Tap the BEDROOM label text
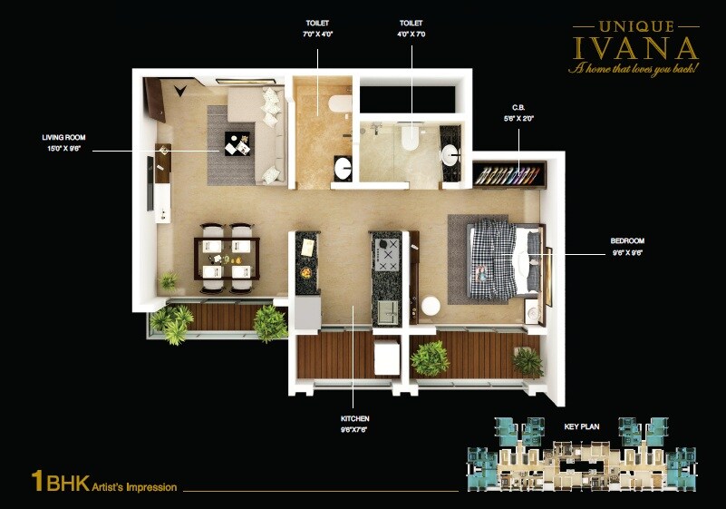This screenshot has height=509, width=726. (x=629, y=241)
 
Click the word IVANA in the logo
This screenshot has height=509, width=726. (x=635, y=47)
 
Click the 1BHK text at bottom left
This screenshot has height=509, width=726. (x=60, y=483)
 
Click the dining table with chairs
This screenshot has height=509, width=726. (x=226, y=258)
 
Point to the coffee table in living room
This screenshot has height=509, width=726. (x=238, y=143)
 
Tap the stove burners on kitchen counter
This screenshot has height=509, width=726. (x=388, y=257)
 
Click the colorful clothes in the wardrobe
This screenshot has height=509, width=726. (x=509, y=173)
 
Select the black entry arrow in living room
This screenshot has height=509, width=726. (x=181, y=89)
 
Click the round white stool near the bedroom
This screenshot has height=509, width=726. (x=431, y=306)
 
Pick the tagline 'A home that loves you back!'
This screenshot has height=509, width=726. (x=634, y=69)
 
